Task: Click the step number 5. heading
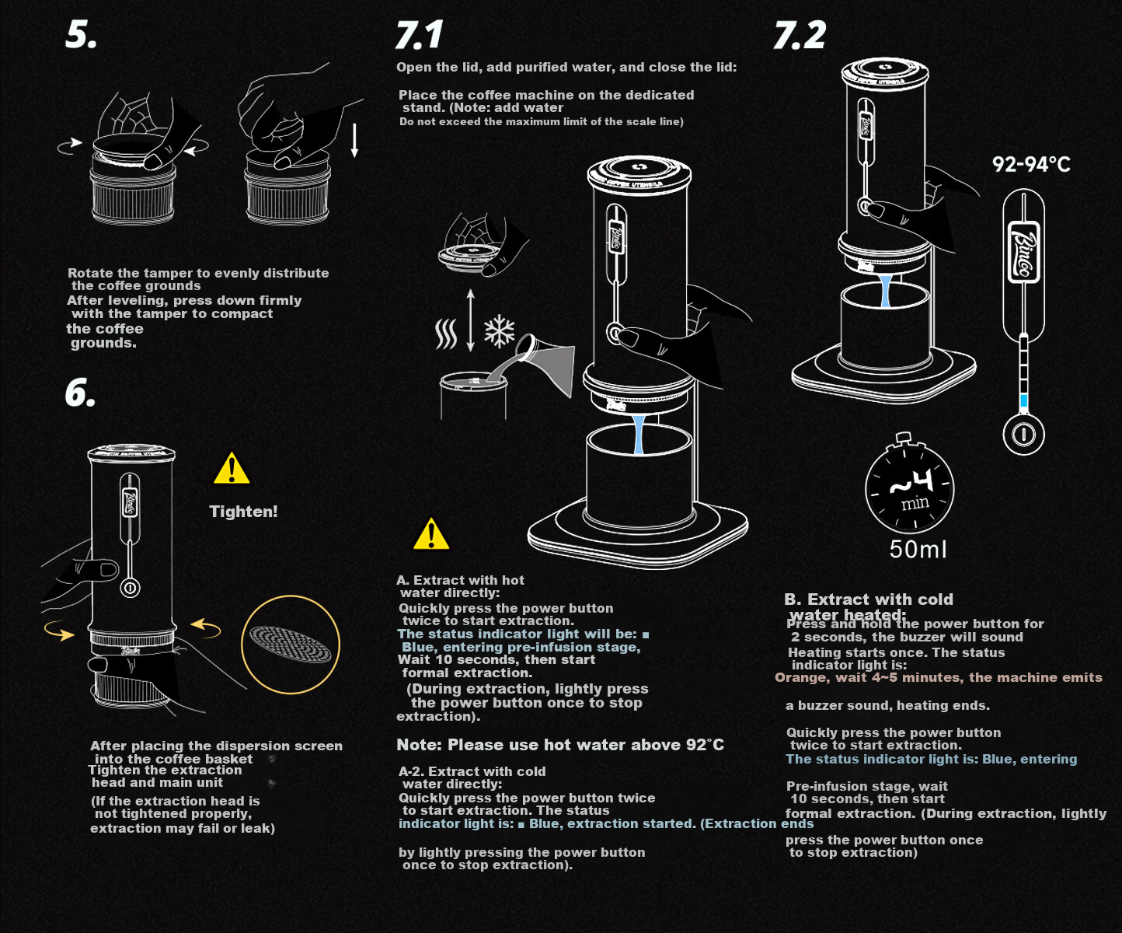coord(81,36)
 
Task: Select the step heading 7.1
coord(419,35)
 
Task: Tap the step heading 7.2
coord(800,35)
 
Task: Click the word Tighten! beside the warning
coord(243,511)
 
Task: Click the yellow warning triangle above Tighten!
coord(232,468)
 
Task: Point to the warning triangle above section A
coord(431,533)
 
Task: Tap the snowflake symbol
coord(499,330)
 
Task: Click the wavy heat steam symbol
coord(446,334)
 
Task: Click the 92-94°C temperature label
coord(1031,165)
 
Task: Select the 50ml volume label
coord(918,549)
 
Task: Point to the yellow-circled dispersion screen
coord(291,645)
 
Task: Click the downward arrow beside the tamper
coord(354,141)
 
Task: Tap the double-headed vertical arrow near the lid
coord(471,320)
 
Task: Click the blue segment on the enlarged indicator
coord(1023,400)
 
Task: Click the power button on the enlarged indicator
coord(1023,435)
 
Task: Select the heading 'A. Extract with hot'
coord(460,580)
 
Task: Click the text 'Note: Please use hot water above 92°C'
coord(560,745)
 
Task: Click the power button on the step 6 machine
coord(130,588)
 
